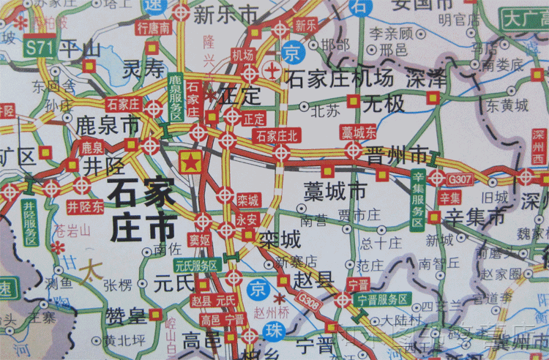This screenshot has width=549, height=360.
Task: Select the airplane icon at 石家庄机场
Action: (272, 72)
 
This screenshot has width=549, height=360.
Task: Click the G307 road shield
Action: (461, 178)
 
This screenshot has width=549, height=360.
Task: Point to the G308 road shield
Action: (310, 301)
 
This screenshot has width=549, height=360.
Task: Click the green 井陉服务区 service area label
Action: (29, 222)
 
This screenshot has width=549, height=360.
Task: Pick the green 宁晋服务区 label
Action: (382, 299)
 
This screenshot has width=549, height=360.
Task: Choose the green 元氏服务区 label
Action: (196, 265)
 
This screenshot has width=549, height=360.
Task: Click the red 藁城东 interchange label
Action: (359, 132)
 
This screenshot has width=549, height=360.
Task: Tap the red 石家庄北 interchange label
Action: (277, 135)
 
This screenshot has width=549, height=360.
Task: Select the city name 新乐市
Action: (225, 14)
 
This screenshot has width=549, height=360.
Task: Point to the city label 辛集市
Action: (476, 217)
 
